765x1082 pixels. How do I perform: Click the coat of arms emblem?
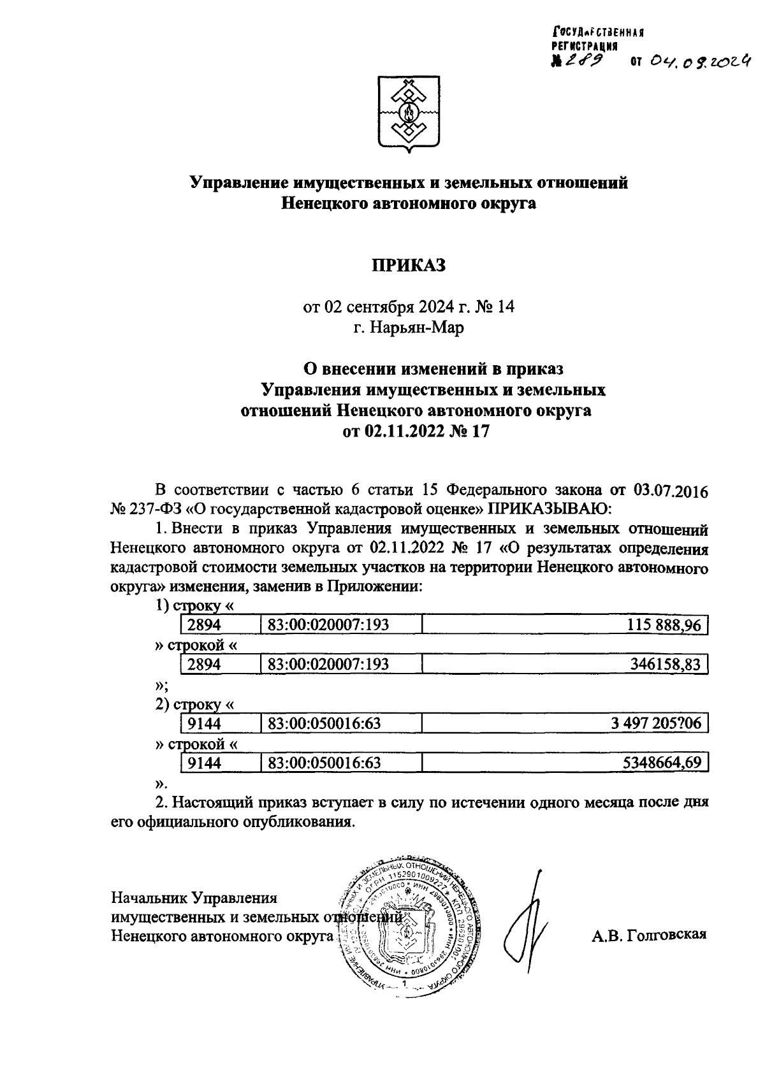[x=409, y=115]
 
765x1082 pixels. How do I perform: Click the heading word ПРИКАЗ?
[x=409, y=266]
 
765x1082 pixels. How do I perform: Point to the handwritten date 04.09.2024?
[x=698, y=61]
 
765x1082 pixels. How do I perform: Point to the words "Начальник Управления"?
[x=194, y=898]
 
